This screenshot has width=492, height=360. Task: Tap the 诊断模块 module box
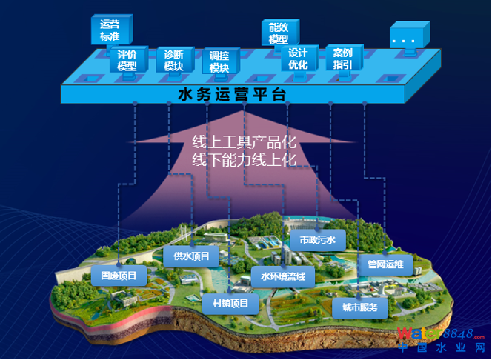[174, 60]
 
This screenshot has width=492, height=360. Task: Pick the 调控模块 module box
[219, 61]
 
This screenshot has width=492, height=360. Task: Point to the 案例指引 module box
[342, 59]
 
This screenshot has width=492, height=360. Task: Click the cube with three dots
[408, 37]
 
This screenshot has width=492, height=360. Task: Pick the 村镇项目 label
[230, 302]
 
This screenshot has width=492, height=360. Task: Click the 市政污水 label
[317, 240]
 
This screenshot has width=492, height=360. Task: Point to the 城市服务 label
[360, 307]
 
